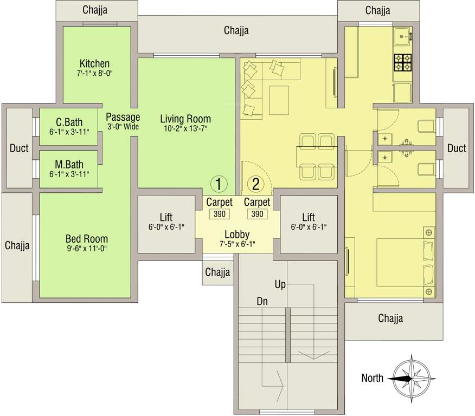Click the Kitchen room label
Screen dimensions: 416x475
pyautogui.click(x=94, y=63)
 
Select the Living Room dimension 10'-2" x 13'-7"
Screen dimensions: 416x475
pyautogui.click(x=185, y=128)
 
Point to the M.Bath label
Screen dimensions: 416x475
pyautogui.click(x=69, y=164)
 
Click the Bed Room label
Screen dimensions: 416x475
pyautogui.click(x=86, y=238)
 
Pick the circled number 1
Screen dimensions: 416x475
pyautogui.click(x=219, y=184)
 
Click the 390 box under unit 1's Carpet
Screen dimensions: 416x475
pyautogui.click(x=219, y=214)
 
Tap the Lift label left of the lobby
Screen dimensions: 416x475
pyautogui.click(x=166, y=217)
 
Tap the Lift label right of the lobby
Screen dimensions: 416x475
pyautogui.click(x=309, y=217)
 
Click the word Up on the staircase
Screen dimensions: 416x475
pyautogui.click(x=280, y=284)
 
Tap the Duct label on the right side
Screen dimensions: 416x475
pyautogui.click(x=457, y=148)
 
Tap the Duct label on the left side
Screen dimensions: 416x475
pyautogui.click(x=19, y=148)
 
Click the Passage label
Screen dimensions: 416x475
pyautogui.click(x=123, y=117)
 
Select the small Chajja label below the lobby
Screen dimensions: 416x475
pyautogui.click(x=217, y=272)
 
